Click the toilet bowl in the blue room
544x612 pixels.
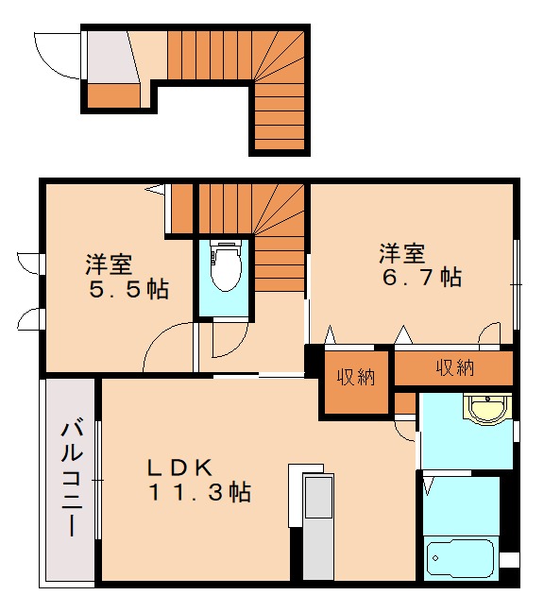coord(225,268)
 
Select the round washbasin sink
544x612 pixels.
coord(487,409)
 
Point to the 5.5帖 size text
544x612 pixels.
coord(128,289)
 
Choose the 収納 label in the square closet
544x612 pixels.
coord(357,377)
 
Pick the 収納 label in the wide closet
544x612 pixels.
coord(455,367)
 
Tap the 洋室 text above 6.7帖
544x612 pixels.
coord(403,253)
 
